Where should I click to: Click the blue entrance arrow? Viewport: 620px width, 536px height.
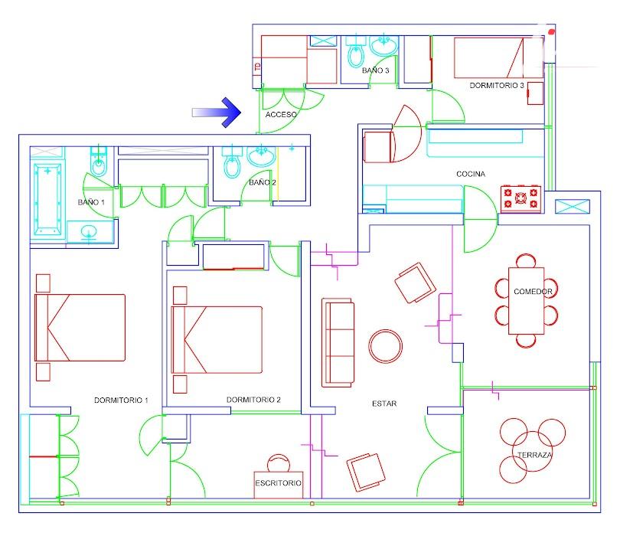[x=217, y=113]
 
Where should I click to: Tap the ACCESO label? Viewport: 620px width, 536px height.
[x=281, y=114]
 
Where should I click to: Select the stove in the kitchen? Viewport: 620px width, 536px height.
[x=520, y=198]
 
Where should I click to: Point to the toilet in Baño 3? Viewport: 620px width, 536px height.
[x=355, y=51]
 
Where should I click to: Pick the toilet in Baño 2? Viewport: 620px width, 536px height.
[x=232, y=162]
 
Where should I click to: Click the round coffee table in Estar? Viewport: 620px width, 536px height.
[x=386, y=346]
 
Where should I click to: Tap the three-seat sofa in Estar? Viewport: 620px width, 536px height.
[x=338, y=342]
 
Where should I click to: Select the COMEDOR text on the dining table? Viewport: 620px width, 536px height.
[x=533, y=292]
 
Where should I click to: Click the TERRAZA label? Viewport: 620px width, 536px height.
[x=534, y=455]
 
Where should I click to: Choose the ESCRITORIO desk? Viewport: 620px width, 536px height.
[x=279, y=484]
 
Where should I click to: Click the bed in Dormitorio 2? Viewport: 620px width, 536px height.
[x=217, y=340]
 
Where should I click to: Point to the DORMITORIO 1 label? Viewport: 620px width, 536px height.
[x=121, y=400]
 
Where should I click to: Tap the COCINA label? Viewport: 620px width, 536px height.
[x=471, y=174]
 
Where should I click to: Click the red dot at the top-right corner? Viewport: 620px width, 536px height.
[x=552, y=31]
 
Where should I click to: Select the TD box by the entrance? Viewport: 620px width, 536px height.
[x=257, y=66]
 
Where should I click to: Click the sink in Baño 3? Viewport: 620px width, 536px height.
[x=383, y=45]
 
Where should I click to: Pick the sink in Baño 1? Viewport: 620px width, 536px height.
[x=89, y=232]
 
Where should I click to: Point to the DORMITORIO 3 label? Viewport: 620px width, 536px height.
[x=497, y=86]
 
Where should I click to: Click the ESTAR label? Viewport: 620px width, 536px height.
[x=384, y=404]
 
